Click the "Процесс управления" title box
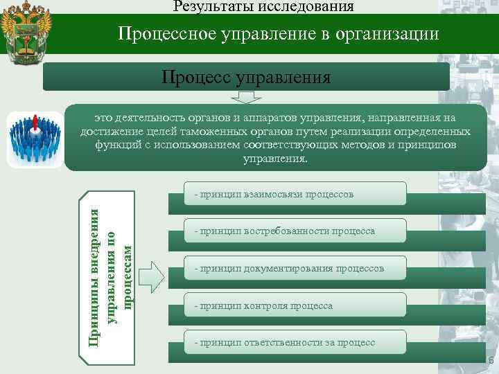pos(246,76)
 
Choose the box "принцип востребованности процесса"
pos(286,231)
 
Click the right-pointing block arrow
pos(152,276)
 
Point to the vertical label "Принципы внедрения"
pos(98,277)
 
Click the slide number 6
pos(491,360)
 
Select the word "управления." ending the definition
pos(275,159)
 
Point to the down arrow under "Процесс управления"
pos(246,97)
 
